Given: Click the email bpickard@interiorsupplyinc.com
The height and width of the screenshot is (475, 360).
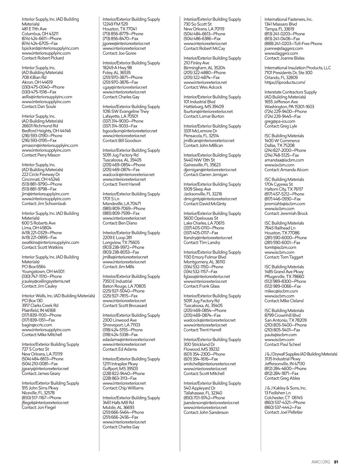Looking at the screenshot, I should pyautogui.click(x=50, y=48).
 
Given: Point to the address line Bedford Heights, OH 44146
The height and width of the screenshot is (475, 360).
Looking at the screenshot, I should pyautogui.click(x=46, y=131).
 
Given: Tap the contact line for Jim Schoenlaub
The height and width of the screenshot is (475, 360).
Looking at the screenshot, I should pyautogui.click(x=44, y=204).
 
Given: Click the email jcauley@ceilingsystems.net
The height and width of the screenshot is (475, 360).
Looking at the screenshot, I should pyautogui.click(x=46, y=281).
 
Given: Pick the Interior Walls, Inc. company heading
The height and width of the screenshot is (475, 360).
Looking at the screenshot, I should pyautogui.click(x=58, y=296).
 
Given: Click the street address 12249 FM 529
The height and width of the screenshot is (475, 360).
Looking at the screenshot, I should pyautogui.click(x=115, y=24).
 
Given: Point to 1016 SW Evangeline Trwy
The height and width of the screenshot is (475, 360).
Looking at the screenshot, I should pyautogui.click(x=126, y=111).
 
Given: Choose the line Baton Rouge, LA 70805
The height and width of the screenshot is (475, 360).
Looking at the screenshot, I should pyautogui.click(x=124, y=286).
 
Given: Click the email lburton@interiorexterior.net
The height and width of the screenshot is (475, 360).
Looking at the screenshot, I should pyautogui.click(x=208, y=111).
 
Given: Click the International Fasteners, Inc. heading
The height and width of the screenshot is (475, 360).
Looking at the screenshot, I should pyautogui.click(x=288, y=19).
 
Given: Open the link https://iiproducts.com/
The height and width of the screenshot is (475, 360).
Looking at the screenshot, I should pyautogui.click(x=285, y=82).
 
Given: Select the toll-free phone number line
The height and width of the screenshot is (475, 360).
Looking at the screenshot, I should pyautogui.click(x=293, y=44).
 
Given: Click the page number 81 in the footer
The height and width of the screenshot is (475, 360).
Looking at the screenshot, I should pyautogui.click(x=336, y=462).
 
